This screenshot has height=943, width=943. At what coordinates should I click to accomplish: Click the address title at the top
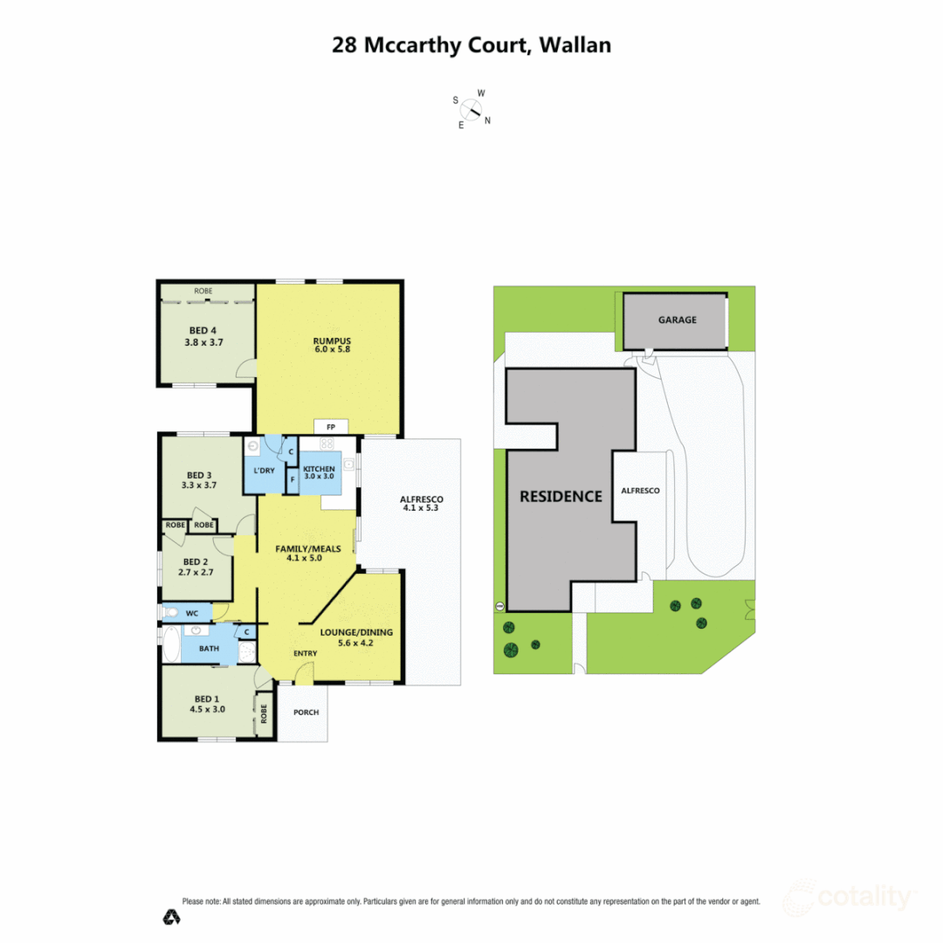[x=471, y=45]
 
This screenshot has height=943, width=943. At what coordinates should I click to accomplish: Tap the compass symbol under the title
[x=471, y=110]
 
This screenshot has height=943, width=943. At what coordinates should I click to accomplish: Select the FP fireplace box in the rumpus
[x=331, y=427]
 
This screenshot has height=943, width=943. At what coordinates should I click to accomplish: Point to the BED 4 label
[x=204, y=330]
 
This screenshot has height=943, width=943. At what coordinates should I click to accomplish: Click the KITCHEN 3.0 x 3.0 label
[x=319, y=473]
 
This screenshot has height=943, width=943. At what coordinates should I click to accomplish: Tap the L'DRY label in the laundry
[x=264, y=471]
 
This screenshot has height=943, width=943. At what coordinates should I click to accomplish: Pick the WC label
[x=192, y=613]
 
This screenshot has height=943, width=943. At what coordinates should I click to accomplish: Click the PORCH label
[x=306, y=712]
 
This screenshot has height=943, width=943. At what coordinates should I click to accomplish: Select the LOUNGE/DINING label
[x=356, y=631]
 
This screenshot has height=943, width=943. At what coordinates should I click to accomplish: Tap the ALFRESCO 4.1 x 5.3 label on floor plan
[x=423, y=504]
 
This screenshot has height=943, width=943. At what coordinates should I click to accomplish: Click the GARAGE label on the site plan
[x=677, y=320]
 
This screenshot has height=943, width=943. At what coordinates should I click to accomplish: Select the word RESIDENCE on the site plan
[x=561, y=496]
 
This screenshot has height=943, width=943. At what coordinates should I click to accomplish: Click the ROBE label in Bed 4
[x=203, y=291]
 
